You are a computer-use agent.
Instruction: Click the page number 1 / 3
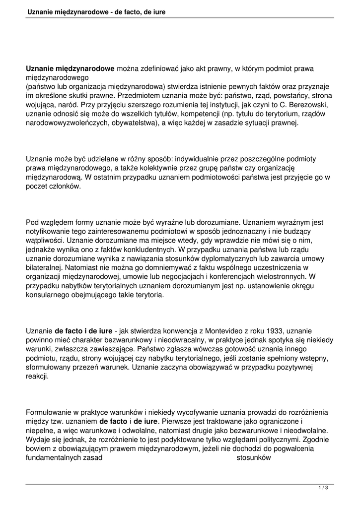323,488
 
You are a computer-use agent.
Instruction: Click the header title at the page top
96,11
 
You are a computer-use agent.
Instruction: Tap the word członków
65,187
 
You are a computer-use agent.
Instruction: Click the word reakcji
37,377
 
